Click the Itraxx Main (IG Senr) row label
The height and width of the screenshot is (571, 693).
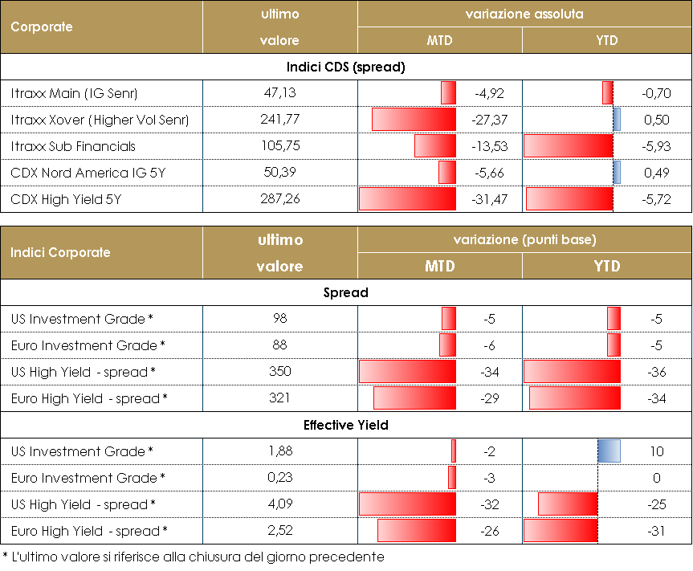pyautogui.click(x=75, y=93)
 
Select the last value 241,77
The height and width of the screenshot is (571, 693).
pyautogui.click(x=280, y=120)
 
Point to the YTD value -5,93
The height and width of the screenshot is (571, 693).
pyautogui.click(x=656, y=146)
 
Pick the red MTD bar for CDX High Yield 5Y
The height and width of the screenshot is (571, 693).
pyautogui.click(x=407, y=199)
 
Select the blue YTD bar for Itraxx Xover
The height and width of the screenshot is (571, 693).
pyautogui.click(x=617, y=120)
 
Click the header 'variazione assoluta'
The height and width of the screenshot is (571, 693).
pyautogui.click(x=524, y=14)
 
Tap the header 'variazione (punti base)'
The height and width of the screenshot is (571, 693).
pyautogui.click(x=524, y=240)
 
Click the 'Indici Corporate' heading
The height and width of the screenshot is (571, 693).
pyautogui.click(x=60, y=252)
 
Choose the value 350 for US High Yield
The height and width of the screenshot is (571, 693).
pyautogui.click(x=280, y=372)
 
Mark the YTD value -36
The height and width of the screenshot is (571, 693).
pyautogui.click(x=656, y=372)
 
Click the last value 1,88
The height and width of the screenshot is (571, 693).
pyautogui.click(x=280, y=451)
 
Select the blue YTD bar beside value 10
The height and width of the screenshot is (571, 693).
pyautogui.click(x=609, y=451)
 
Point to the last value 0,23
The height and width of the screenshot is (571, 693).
pyautogui.click(x=280, y=478)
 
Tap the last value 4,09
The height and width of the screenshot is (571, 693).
pyautogui.click(x=280, y=504)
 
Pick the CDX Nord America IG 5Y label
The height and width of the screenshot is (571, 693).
pyautogui.click(x=82, y=173)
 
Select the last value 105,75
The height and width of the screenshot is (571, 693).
pyautogui.click(x=280, y=146)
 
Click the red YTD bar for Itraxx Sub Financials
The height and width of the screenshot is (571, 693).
pyautogui.click(x=568, y=146)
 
